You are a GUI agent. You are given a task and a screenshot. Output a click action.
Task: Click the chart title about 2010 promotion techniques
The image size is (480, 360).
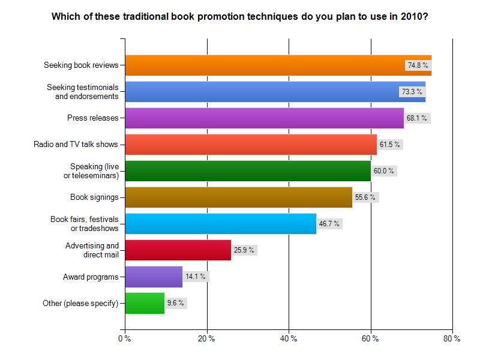(x=240, y=16)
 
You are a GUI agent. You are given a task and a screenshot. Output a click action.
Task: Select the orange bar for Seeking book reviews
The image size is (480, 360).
(x=264, y=65)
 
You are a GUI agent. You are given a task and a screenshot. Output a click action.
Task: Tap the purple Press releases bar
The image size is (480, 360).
(x=264, y=118)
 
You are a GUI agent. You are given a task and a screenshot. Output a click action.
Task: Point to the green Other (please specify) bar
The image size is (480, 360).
(x=145, y=302)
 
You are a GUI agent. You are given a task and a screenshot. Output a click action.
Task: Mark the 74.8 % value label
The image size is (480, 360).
(x=418, y=65)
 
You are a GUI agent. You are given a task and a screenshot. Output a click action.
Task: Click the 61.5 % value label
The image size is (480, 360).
(x=390, y=144)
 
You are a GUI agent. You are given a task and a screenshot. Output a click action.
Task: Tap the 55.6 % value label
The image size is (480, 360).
(x=366, y=197)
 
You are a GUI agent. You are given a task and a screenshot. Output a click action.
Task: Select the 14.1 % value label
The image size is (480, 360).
(x=196, y=276)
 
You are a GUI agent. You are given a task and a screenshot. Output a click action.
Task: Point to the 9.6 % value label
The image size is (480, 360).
(x=176, y=302)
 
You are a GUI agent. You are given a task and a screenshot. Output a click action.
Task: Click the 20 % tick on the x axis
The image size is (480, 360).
(x=207, y=339)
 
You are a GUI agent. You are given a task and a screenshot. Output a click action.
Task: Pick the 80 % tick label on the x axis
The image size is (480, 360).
(x=452, y=339)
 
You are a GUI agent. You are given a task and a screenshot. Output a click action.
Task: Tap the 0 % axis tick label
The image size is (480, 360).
(x=125, y=339)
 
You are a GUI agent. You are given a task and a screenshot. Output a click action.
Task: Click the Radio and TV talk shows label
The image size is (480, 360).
(x=76, y=144)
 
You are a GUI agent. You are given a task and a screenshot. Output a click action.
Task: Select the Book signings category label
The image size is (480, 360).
(x=94, y=197)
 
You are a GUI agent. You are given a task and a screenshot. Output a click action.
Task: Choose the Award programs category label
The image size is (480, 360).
(x=91, y=276)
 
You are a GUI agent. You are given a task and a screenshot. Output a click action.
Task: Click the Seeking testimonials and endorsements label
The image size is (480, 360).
(x=83, y=91)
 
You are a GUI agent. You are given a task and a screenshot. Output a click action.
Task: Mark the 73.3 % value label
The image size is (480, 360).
(x=412, y=91)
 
